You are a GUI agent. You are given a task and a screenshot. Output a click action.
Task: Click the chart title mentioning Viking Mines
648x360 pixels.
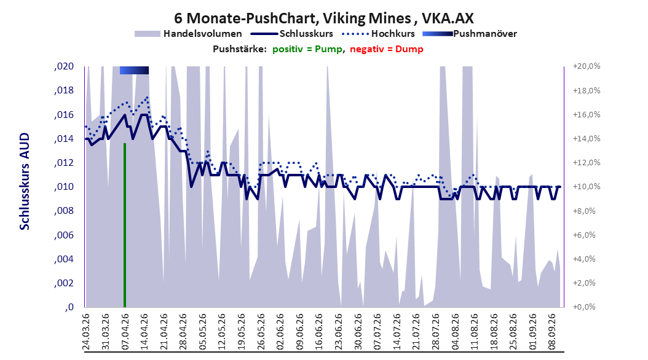click(x=323, y=18)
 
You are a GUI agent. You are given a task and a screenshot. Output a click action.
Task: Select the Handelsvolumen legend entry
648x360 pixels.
click(x=188, y=34)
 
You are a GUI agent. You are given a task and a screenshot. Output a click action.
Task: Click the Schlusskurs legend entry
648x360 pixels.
click(x=293, y=34)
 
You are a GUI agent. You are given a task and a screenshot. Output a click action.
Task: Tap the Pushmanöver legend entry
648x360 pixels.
click(x=470, y=34)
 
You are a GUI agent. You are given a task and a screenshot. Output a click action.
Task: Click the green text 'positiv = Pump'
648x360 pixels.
click(x=307, y=49)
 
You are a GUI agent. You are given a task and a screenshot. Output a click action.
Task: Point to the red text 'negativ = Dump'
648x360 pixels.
click(x=387, y=49)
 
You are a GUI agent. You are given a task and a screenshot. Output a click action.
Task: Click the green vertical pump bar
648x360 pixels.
click(x=125, y=225)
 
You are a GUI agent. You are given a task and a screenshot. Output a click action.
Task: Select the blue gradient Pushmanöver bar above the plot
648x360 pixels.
click(x=134, y=70)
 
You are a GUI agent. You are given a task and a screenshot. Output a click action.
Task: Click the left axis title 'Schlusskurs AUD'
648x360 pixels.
click(x=25, y=182)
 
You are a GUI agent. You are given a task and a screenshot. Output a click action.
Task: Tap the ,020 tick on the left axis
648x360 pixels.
click(x=64, y=66)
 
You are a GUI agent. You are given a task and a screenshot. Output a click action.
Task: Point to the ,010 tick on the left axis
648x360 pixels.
click(x=64, y=187)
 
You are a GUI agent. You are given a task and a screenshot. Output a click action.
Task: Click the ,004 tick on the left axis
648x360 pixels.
click(x=64, y=259)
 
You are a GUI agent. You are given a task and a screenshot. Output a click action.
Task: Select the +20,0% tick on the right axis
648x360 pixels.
click(x=587, y=66)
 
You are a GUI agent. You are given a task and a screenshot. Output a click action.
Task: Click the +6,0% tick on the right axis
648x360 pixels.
click(x=584, y=235)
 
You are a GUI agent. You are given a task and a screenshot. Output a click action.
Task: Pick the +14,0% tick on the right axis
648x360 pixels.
click(x=587, y=138)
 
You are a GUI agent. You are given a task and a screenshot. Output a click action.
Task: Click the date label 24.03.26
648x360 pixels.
click(x=86, y=332)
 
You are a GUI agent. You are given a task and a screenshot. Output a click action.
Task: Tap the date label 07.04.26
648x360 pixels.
click(x=125, y=332)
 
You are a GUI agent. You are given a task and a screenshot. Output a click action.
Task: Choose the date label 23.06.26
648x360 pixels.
click(x=339, y=332)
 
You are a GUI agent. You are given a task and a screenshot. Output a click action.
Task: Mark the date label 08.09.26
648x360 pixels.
click(x=552, y=332)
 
